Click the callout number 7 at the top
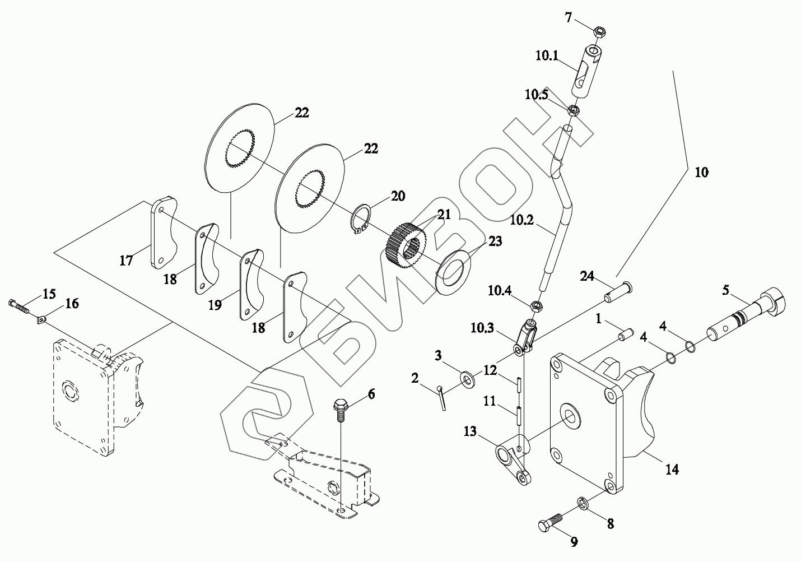569,18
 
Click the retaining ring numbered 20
361,220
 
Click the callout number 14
672,469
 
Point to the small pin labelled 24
619,290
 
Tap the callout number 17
127,260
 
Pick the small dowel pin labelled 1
623,334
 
